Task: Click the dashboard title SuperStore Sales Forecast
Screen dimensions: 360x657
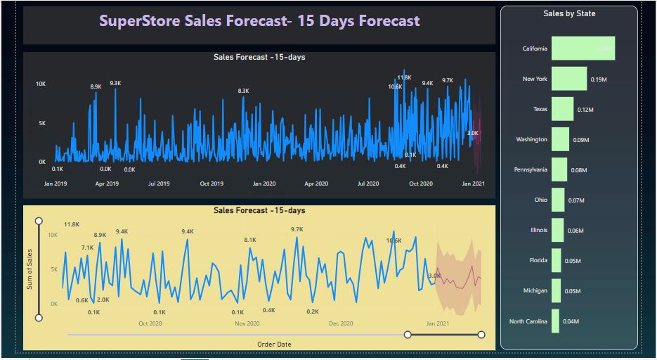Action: tap(259, 21)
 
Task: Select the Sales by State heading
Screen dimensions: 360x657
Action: tap(569, 13)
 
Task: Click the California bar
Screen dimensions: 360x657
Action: tap(583, 49)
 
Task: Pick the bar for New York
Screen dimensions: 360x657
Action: tap(568, 79)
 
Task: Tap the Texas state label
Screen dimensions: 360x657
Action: tap(540, 109)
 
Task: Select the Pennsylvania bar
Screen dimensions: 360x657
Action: tap(559, 169)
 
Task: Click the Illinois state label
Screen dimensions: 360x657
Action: tap(538, 230)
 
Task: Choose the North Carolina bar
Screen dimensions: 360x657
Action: tap(555, 321)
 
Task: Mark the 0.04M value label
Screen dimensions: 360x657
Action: tap(571, 321)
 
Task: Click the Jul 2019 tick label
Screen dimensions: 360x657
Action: tap(159, 184)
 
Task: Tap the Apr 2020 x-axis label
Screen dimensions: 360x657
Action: tap(316, 184)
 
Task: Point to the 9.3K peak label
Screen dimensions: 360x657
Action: tap(115, 83)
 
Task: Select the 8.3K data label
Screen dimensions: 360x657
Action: tap(243, 91)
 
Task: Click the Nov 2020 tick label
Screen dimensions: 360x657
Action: tap(247, 323)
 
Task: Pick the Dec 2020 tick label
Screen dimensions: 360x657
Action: tap(341, 323)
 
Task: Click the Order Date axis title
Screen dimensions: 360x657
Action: tap(274, 344)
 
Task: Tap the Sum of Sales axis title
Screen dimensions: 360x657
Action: tap(30, 269)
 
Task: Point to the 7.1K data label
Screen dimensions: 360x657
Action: tap(87, 247)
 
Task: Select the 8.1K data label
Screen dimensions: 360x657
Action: tap(250, 240)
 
